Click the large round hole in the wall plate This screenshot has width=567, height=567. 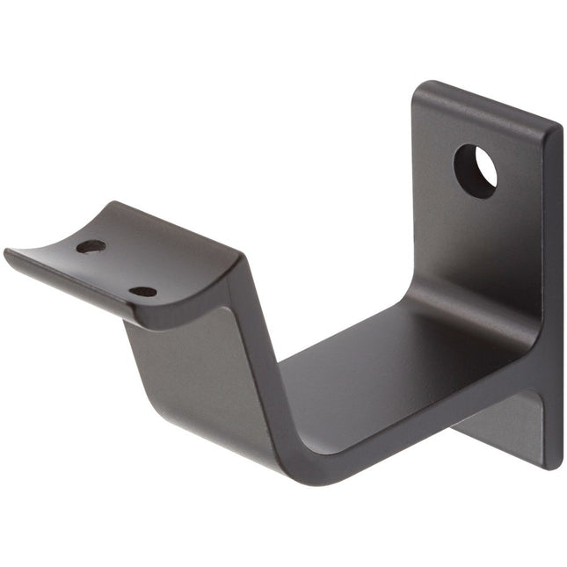(x=476, y=171)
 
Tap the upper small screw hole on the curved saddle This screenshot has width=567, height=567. (x=91, y=246)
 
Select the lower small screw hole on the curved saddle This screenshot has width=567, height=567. (x=142, y=291)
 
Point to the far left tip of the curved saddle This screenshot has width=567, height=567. (x=7, y=254)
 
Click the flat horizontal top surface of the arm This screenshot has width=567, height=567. (x=369, y=352)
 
